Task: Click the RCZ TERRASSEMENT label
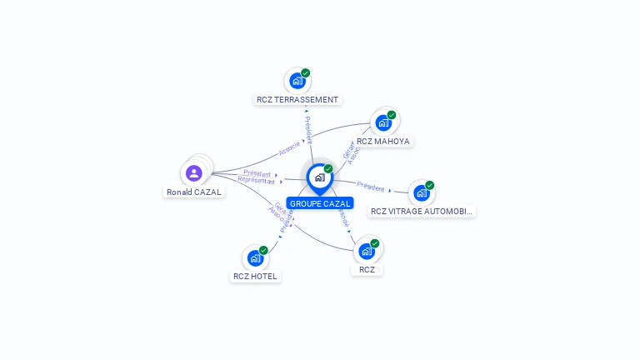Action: pyautogui.click(x=297, y=99)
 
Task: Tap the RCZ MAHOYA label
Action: pyautogui.click(x=382, y=141)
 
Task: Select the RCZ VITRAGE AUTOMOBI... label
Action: pyautogui.click(x=422, y=211)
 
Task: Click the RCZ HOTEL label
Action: pyautogui.click(x=255, y=276)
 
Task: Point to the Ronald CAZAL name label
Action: pyautogui.click(x=194, y=192)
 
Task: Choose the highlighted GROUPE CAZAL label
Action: pyautogui.click(x=320, y=203)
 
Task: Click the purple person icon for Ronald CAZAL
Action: pyautogui.click(x=194, y=172)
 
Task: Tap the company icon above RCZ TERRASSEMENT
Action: pyautogui.click(x=297, y=82)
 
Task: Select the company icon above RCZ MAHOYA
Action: pyautogui.click(x=383, y=122)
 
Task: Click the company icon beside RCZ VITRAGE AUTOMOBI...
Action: pyautogui.click(x=422, y=193)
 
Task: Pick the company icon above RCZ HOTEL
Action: pyautogui.click(x=255, y=258)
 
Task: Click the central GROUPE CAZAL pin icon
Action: pyautogui.click(x=319, y=177)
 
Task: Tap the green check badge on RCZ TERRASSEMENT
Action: pyautogui.click(x=306, y=73)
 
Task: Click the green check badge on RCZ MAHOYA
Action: pyautogui.click(x=392, y=115)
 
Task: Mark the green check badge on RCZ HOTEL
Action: pyautogui.click(x=263, y=250)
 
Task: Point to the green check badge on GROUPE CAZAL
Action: pyautogui.click(x=328, y=169)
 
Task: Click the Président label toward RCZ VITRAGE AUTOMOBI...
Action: pyautogui.click(x=371, y=187)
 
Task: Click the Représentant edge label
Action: pyautogui.click(x=256, y=180)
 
